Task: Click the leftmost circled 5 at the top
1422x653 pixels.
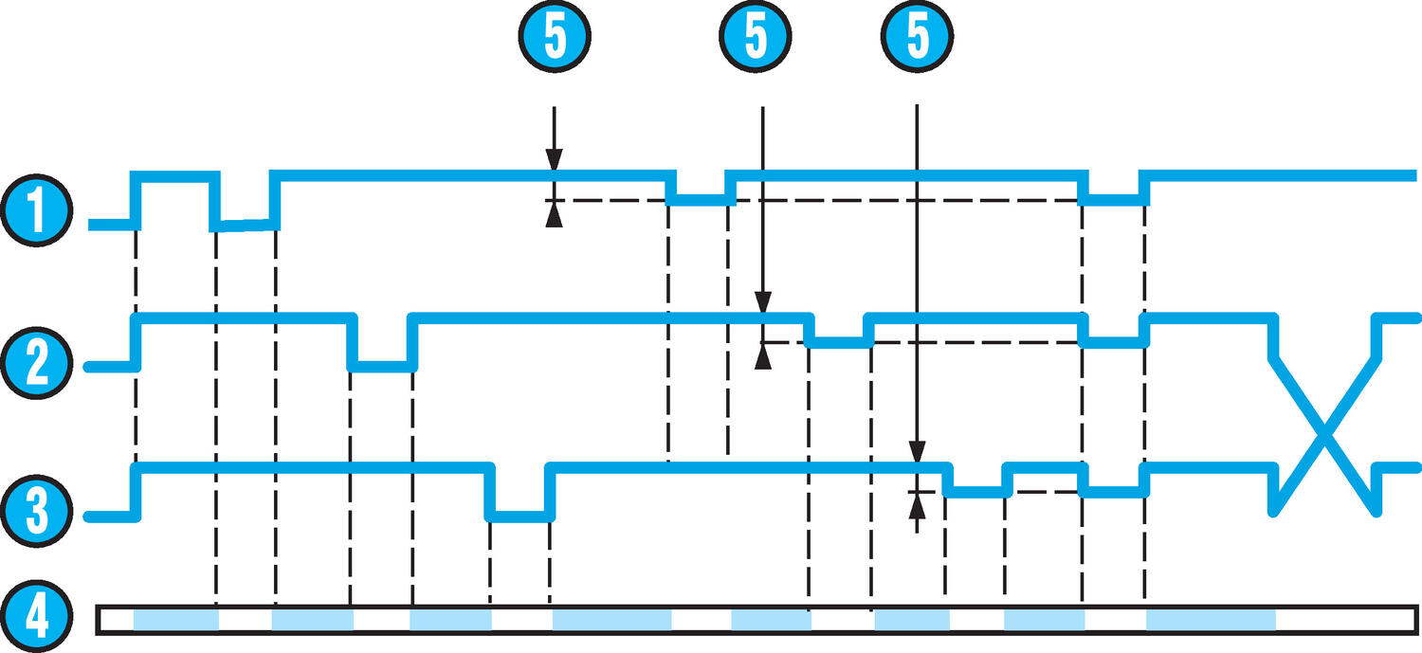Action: (555, 38)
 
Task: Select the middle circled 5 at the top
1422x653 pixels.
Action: (756, 38)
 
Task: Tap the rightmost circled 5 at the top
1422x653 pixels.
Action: (917, 38)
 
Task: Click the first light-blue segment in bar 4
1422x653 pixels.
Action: (175, 621)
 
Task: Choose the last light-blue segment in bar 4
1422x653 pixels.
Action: (1211, 621)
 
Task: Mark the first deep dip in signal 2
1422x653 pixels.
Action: (382, 365)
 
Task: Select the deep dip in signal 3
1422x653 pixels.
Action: (520, 516)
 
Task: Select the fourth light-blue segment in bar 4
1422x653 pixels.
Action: (611, 621)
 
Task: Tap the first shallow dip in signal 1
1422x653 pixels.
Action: (701, 199)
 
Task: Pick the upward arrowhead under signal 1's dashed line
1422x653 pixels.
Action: (555, 217)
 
